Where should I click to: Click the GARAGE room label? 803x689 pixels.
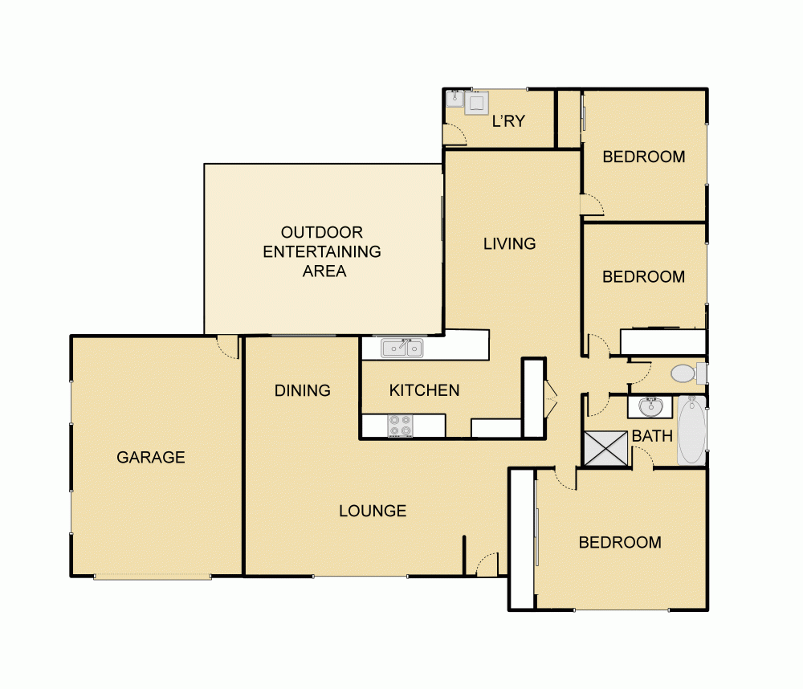(x=151, y=458)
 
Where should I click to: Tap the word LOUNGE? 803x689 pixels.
(x=373, y=511)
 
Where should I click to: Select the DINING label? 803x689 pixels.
(x=303, y=391)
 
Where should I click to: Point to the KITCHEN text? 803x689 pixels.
(x=424, y=391)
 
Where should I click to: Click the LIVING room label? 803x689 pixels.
(x=509, y=243)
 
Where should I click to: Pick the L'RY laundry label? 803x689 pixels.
(x=507, y=121)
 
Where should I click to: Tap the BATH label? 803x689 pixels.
(x=652, y=436)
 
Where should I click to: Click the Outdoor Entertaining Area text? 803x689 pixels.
(x=323, y=251)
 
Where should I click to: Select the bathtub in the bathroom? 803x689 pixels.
(x=691, y=430)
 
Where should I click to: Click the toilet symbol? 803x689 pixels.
(x=684, y=373)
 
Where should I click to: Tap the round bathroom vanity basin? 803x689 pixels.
(x=650, y=407)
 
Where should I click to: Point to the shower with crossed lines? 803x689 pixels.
(x=606, y=448)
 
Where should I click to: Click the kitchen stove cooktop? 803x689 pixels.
(x=400, y=426)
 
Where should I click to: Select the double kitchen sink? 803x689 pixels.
(x=402, y=348)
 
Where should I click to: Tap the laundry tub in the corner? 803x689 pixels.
(x=455, y=99)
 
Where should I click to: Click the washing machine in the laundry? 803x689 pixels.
(x=478, y=102)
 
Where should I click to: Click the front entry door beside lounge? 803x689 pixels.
(x=487, y=565)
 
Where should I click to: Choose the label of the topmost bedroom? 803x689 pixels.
(x=644, y=157)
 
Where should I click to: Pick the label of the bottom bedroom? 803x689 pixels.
(x=620, y=542)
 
